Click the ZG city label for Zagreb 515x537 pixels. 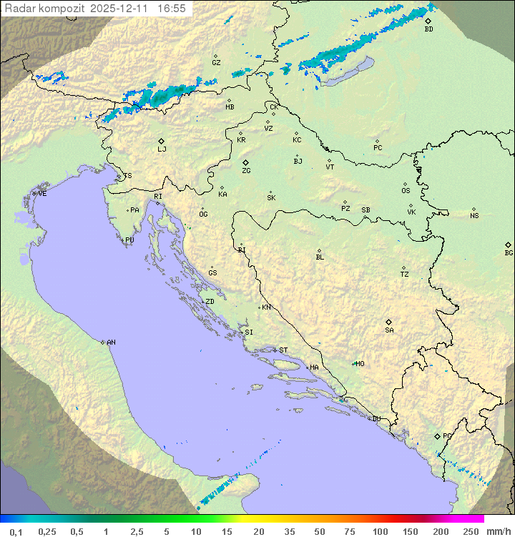(246, 171)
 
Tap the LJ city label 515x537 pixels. (162, 149)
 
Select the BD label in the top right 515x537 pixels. (428, 29)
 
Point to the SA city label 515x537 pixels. (389, 330)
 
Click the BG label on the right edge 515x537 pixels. (509, 252)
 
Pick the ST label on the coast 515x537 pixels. (283, 350)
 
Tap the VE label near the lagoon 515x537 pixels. (42, 194)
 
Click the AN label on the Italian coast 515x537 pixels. (111, 343)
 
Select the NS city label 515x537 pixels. (474, 216)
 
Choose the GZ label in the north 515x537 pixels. (216, 63)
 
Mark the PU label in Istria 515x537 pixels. (129, 240)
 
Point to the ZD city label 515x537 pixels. (210, 302)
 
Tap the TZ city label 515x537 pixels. (405, 275)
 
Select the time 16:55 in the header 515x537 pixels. (172, 9)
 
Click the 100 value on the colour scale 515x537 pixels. (380, 531)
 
